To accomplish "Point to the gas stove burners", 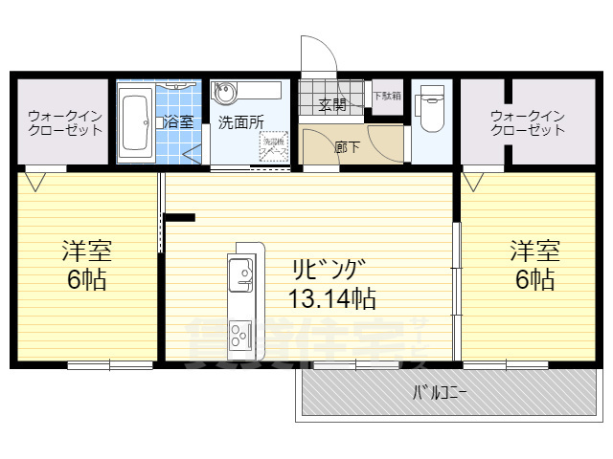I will click(239, 337).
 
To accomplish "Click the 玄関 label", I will click(332, 104).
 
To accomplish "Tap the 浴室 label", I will click(178, 121).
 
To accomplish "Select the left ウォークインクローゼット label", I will click(64, 122).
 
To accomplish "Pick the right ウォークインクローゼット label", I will click(528, 122).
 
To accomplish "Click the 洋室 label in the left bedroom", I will click(87, 251).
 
